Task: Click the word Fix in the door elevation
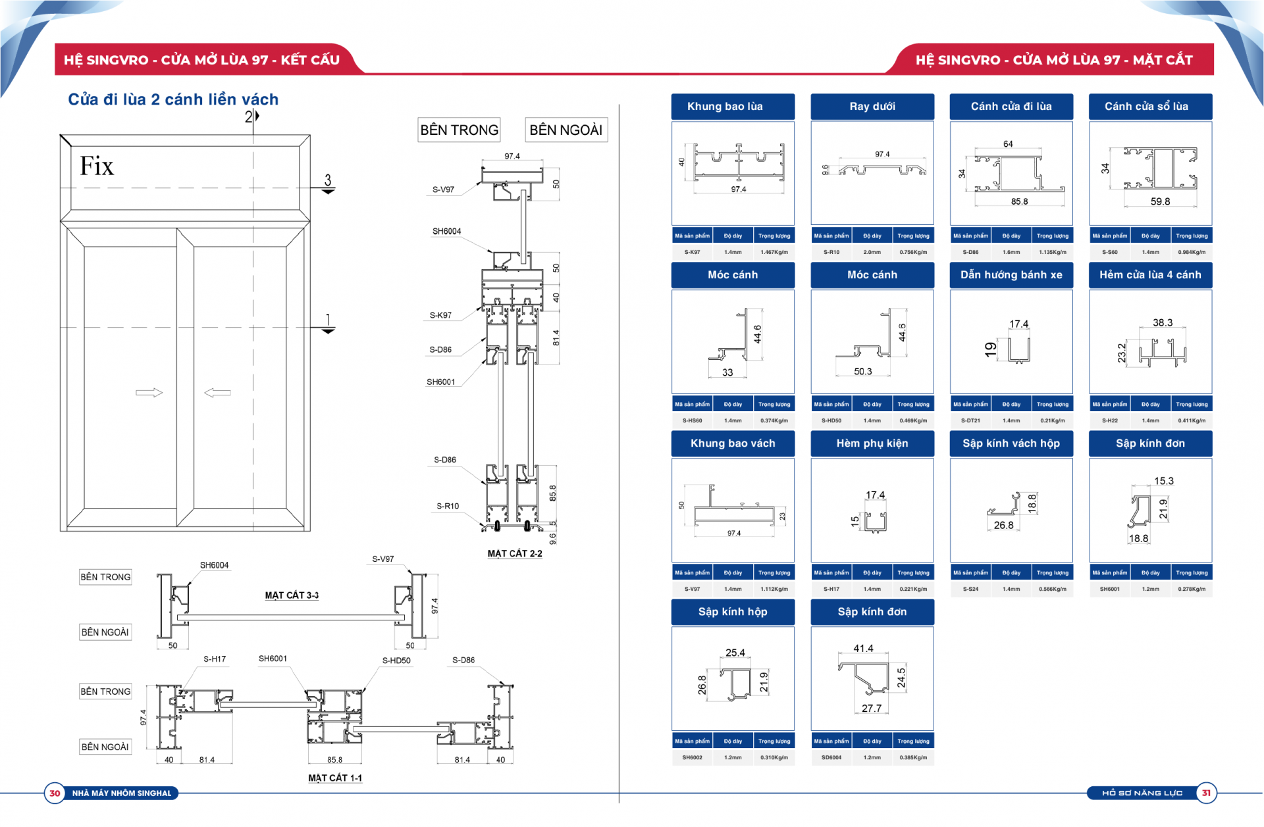click(97, 166)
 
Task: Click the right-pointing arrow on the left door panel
click(149, 393)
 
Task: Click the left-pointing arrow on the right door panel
click(217, 393)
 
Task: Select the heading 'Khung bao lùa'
click(725, 107)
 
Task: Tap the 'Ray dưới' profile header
click(872, 107)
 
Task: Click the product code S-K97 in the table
click(692, 252)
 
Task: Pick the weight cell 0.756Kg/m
click(913, 252)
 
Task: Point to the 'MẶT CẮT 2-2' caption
click(515, 553)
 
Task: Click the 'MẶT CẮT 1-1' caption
click(335, 778)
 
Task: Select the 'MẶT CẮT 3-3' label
click(292, 595)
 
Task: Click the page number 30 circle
click(55, 793)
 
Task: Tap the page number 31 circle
click(1206, 793)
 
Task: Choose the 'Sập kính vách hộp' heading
click(1011, 443)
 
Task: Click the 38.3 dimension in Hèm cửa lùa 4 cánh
click(1163, 322)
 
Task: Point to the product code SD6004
click(831, 757)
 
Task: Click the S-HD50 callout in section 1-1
click(396, 661)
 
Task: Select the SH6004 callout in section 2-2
click(446, 232)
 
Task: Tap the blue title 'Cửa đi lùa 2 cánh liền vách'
click(173, 99)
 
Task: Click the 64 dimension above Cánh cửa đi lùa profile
click(1008, 144)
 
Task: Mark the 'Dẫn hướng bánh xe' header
click(1011, 275)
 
